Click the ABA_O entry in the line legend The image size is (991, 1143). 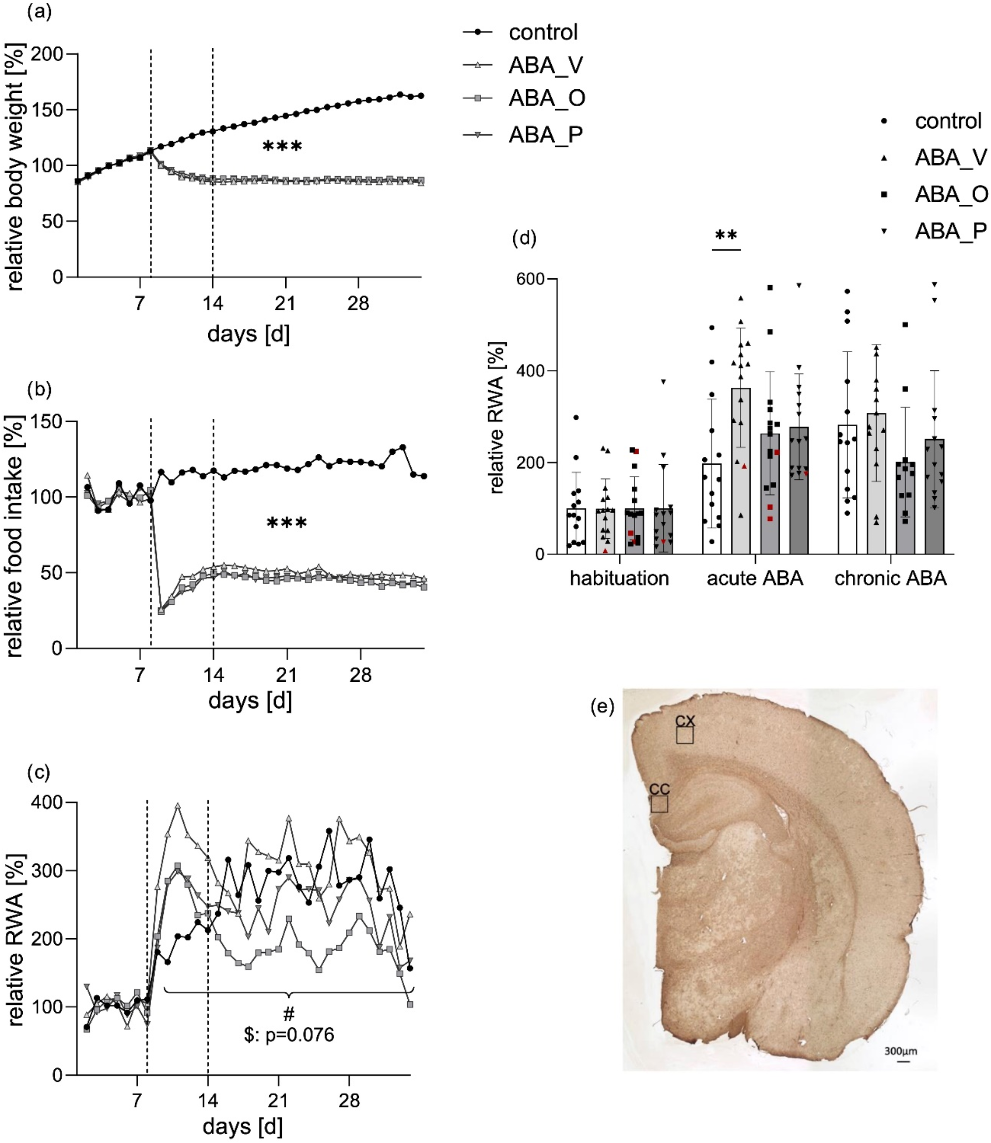click(546, 98)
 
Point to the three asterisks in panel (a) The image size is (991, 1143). click(282, 147)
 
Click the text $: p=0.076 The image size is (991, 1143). click(289, 1034)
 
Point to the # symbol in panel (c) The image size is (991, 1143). click(288, 1014)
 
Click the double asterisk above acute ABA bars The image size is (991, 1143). click(726, 236)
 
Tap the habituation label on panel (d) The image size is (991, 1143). click(619, 578)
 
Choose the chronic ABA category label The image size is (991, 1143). click(890, 578)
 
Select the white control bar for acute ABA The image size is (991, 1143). click(712, 509)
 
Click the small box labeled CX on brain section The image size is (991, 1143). click(685, 735)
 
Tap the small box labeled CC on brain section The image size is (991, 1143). click(659, 804)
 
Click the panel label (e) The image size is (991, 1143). click(602, 707)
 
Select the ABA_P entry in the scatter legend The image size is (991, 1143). click(950, 230)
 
